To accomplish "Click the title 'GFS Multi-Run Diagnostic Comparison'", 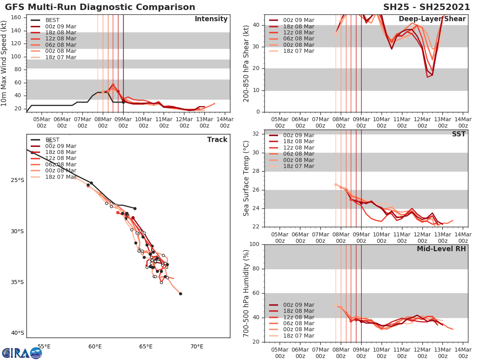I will coord(100,7).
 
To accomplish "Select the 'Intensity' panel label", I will coord(211,19).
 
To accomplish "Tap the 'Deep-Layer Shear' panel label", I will coord(432,19).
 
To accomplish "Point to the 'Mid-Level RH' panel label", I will coord(441,249).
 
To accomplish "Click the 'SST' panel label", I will coord(458,134).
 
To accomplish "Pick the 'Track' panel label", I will coord(217,140).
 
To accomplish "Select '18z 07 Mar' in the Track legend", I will coord(60,177).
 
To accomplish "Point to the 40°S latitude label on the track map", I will coord(18,333).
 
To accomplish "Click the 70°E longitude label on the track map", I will coord(197,346).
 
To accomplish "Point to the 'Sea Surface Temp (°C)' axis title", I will coord(247,178).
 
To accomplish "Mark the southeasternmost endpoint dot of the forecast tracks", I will coord(180,294).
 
